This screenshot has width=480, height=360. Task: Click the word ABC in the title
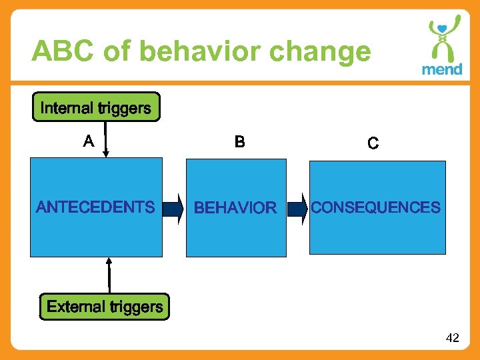tap(62, 51)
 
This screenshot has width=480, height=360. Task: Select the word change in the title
tap(326, 51)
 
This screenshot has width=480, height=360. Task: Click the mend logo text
tap(441, 69)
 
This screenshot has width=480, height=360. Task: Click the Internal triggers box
tap(96, 107)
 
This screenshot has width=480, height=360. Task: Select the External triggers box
tap(105, 307)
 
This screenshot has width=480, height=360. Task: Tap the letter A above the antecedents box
tap(88, 141)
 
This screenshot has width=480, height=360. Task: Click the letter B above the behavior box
tap(239, 142)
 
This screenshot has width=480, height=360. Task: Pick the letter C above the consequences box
tap(373, 143)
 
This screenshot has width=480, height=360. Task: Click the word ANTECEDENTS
tap(95, 207)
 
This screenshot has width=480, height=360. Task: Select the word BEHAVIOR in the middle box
tap(235, 208)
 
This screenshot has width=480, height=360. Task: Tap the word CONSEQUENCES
tap(375, 207)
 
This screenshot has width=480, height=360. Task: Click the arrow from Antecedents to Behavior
tap(173, 208)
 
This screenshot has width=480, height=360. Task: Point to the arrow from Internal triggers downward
tap(105, 140)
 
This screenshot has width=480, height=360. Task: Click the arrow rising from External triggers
tap(109, 275)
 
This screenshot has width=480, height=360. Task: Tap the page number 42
tap(452, 338)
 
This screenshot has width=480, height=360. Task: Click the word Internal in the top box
tap(67, 108)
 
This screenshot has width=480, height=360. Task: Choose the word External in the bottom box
tap(76, 307)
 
